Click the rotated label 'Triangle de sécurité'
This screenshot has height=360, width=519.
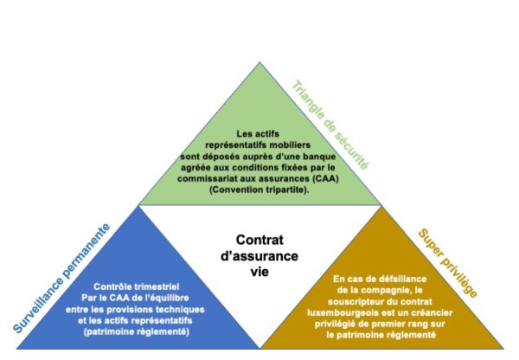[x=330, y=125]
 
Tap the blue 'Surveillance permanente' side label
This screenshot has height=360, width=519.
[x=61, y=278]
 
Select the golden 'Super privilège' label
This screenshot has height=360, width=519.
[x=448, y=263]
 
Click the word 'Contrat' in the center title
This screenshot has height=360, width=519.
[x=259, y=240]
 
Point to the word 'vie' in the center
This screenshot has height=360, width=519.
[x=259, y=272]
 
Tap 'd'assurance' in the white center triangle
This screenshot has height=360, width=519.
[x=259, y=256]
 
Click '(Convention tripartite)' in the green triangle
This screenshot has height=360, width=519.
[x=259, y=190]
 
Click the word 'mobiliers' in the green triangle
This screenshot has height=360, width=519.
[x=290, y=145]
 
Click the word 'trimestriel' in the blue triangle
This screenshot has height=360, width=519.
[x=157, y=286]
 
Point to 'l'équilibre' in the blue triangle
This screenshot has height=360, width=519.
[x=167, y=298]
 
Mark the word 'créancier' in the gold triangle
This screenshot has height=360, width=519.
[x=432, y=312]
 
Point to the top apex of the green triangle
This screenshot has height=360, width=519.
[x=259, y=62]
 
